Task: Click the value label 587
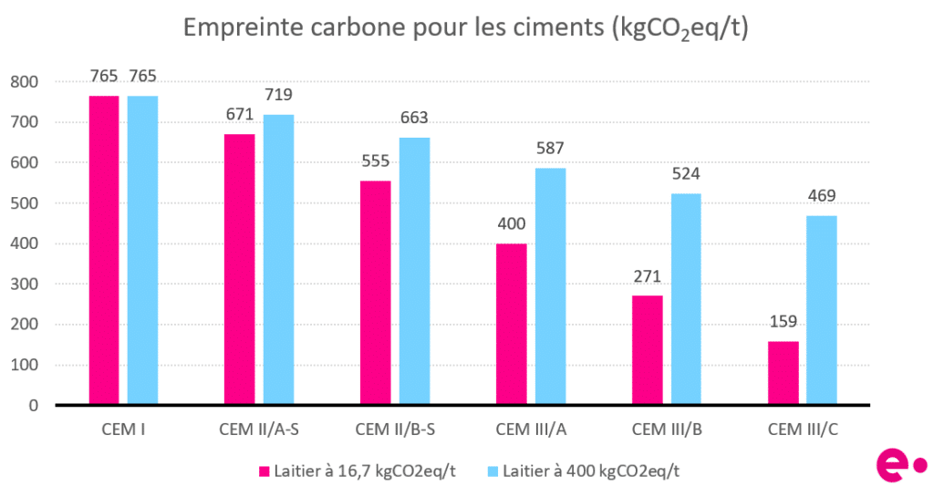(551, 150)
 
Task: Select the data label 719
(278, 95)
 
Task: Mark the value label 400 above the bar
(512, 224)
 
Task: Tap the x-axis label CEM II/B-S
(395, 429)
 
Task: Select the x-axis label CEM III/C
(803, 429)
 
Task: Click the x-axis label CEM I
(123, 429)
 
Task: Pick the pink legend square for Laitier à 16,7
(265, 471)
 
